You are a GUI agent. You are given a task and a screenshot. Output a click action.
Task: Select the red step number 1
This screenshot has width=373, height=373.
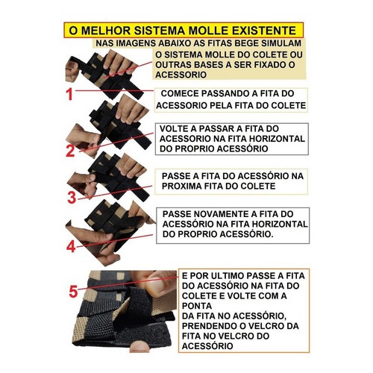coord(69,95)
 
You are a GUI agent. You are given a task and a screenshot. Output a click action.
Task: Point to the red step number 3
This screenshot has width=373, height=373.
coord(71,198)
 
